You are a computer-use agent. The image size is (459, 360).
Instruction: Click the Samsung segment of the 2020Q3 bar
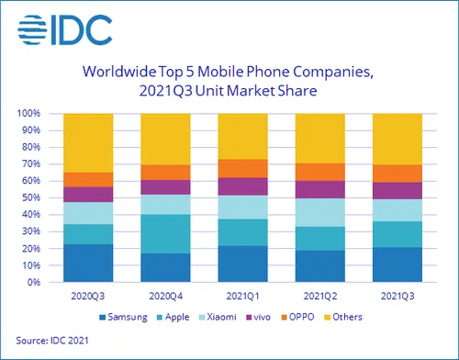[86, 263]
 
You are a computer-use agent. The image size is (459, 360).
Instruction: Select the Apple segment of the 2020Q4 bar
[164, 233]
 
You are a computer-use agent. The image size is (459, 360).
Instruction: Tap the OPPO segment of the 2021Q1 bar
[242, 168]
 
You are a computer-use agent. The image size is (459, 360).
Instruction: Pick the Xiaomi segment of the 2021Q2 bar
[319, 212]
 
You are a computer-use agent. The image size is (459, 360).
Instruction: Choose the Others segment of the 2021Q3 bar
[397, 139]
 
